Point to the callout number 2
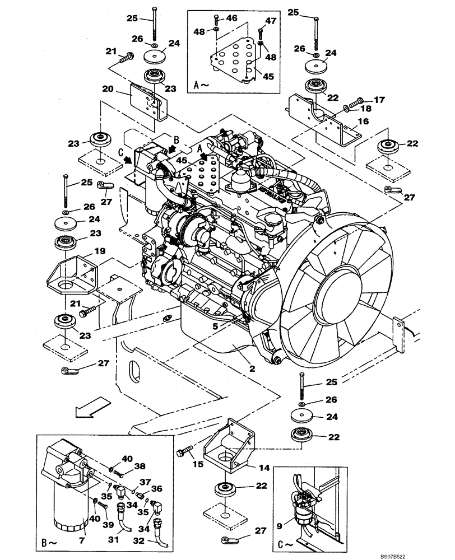tap(236, 369)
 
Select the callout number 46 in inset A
tap(231, 18)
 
